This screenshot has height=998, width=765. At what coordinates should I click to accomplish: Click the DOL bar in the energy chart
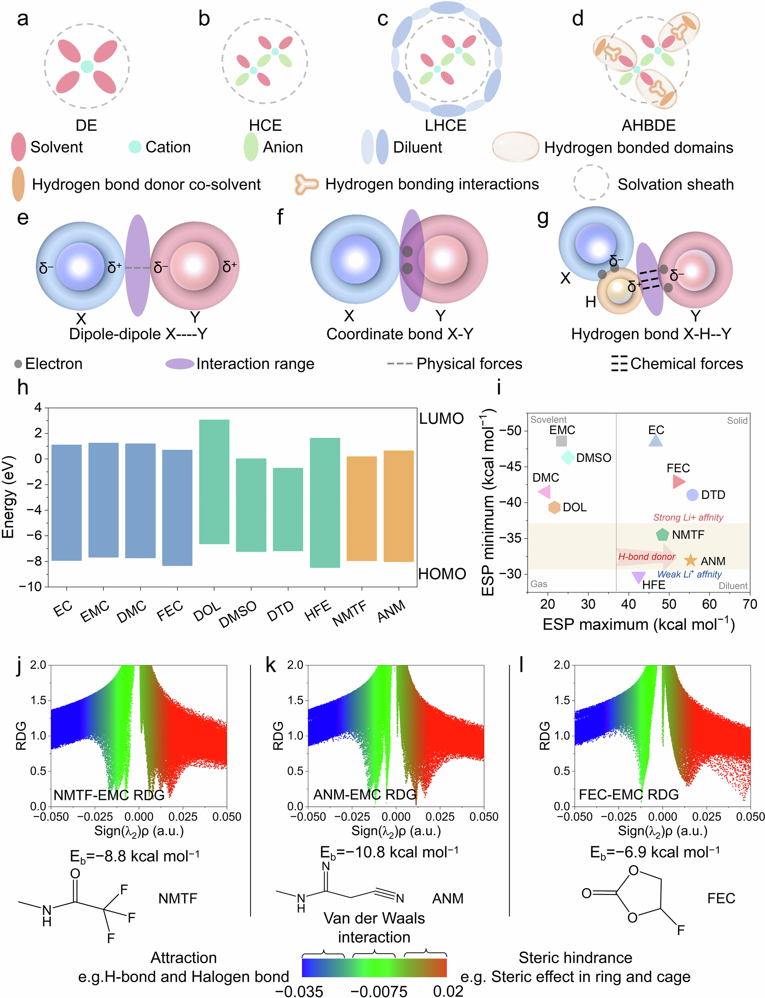click(214, 481)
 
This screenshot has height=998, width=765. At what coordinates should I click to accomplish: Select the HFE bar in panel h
click(325, 503)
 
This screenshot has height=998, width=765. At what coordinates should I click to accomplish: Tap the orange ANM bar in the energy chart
click(398, 506)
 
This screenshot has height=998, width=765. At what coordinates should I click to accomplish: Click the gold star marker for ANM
click(690, 560)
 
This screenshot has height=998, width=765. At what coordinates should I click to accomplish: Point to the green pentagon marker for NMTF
click(662, 534)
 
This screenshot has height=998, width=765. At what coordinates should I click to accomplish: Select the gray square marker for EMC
click(561, 441)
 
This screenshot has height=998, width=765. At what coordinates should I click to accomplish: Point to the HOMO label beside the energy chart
click(442, 574)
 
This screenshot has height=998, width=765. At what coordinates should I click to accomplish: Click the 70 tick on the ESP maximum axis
click(749, 604)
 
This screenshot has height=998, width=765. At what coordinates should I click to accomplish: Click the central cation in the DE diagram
click(87, 66)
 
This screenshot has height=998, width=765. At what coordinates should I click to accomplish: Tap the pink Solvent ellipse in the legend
click(19, 147)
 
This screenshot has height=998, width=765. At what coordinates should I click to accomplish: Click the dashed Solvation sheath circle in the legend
click(591, 182)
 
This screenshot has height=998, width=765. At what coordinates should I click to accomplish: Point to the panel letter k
click(270, 665)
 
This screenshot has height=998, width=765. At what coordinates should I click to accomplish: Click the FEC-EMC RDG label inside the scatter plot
click(628, 794)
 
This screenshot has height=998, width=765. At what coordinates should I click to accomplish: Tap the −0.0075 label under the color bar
click(379, 991)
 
